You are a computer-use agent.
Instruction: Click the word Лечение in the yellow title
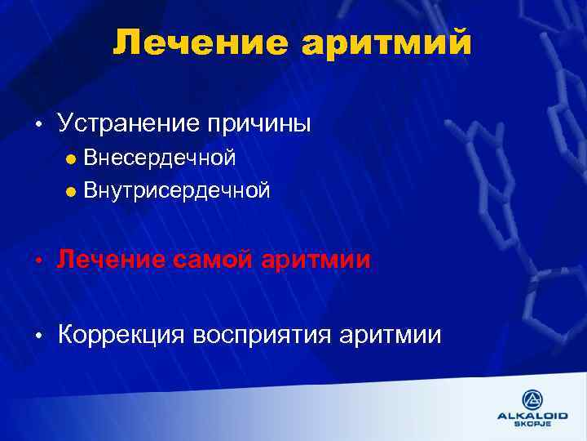[200, 42]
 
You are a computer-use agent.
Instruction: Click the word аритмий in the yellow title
[387, 42]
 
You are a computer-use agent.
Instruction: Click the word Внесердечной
[160, 157]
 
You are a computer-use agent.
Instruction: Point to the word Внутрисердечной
[176, 191]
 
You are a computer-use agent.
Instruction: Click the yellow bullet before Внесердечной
[71, 158]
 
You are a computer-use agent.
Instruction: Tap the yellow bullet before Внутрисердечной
[71, 192]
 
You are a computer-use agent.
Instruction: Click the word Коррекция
[121, 335]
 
